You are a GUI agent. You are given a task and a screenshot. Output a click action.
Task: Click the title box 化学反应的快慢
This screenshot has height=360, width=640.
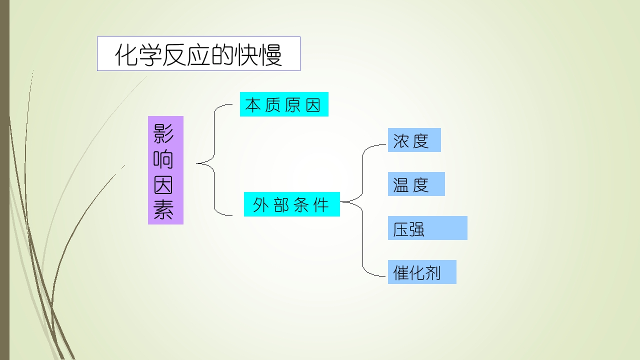click(x=198, y=53)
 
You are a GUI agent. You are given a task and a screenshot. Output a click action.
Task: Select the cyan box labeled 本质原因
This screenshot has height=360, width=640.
click(x=284, y=104)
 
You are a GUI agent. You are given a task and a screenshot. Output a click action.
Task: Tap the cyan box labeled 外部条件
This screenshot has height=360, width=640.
click(x=291, y=204)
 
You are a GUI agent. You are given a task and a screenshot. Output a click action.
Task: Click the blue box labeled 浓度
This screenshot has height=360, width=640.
click(x=414, y=140)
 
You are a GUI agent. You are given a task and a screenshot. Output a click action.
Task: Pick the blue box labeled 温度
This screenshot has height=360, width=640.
click(x=416, y=184)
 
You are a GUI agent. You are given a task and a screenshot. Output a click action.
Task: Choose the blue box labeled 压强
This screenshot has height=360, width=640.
click(x=427, y=228)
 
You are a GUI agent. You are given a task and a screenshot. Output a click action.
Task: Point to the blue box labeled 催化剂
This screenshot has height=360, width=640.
click(x=422, y=272)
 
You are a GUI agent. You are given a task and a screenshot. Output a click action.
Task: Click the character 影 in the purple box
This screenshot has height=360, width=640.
click(x=163, y=133)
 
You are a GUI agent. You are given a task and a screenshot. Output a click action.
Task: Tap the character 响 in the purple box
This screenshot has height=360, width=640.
click(x=163, y=159)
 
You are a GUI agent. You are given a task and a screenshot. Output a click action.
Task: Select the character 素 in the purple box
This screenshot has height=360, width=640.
click(x=163, y=209)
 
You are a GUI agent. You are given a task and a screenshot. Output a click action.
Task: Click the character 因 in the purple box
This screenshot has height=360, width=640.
click(x=163, y=184)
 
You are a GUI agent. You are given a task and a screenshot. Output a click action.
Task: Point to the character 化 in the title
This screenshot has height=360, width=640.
click(x=127, y=55)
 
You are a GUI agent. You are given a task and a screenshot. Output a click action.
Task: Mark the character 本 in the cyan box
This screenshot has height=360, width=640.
click(x=253, y=105)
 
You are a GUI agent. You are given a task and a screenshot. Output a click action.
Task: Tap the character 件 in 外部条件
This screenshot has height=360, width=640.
click(x=321, y=205)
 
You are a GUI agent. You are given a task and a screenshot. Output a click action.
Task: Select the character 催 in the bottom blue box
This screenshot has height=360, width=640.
click(x=401, y=272)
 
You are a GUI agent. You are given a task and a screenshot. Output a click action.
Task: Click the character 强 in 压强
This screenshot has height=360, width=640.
click(x=417, y=229)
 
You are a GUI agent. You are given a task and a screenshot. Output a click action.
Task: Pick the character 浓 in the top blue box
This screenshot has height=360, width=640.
click(x=401, y=141)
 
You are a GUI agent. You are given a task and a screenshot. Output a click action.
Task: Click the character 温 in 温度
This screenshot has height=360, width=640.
click(x=401, y=185)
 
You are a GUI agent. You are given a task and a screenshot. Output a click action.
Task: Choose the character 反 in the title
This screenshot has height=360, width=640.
click(x=174, y=55)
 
